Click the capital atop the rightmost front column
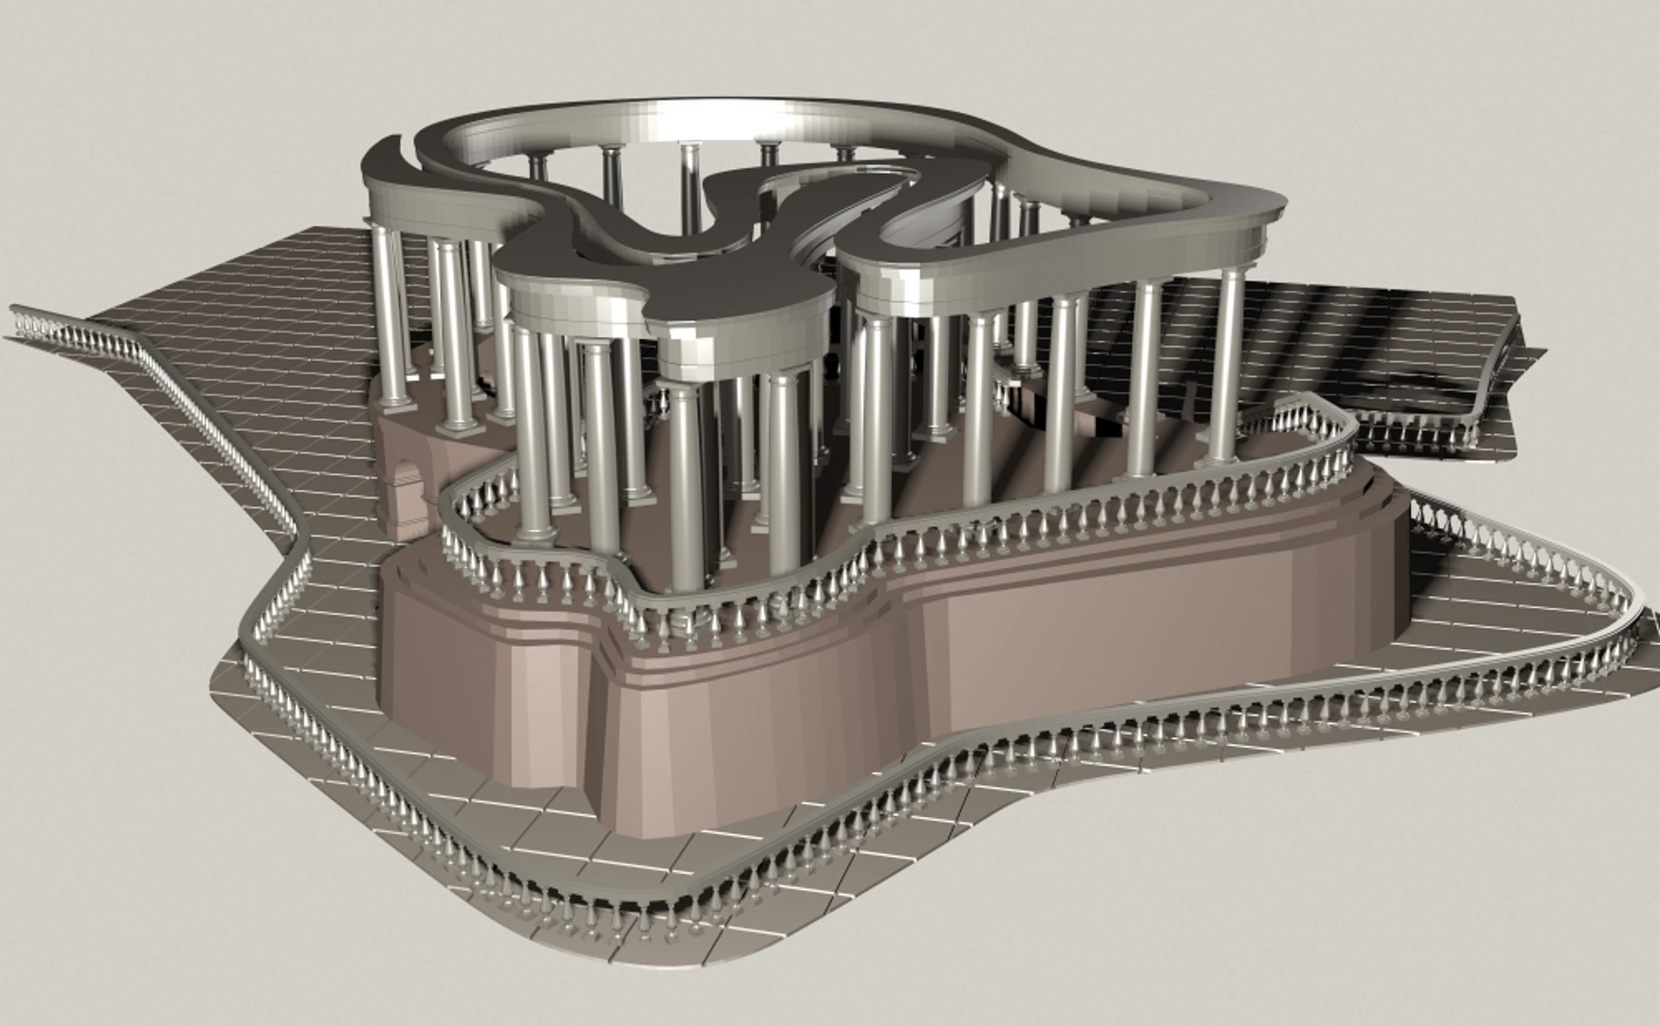tap(1232, 275)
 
